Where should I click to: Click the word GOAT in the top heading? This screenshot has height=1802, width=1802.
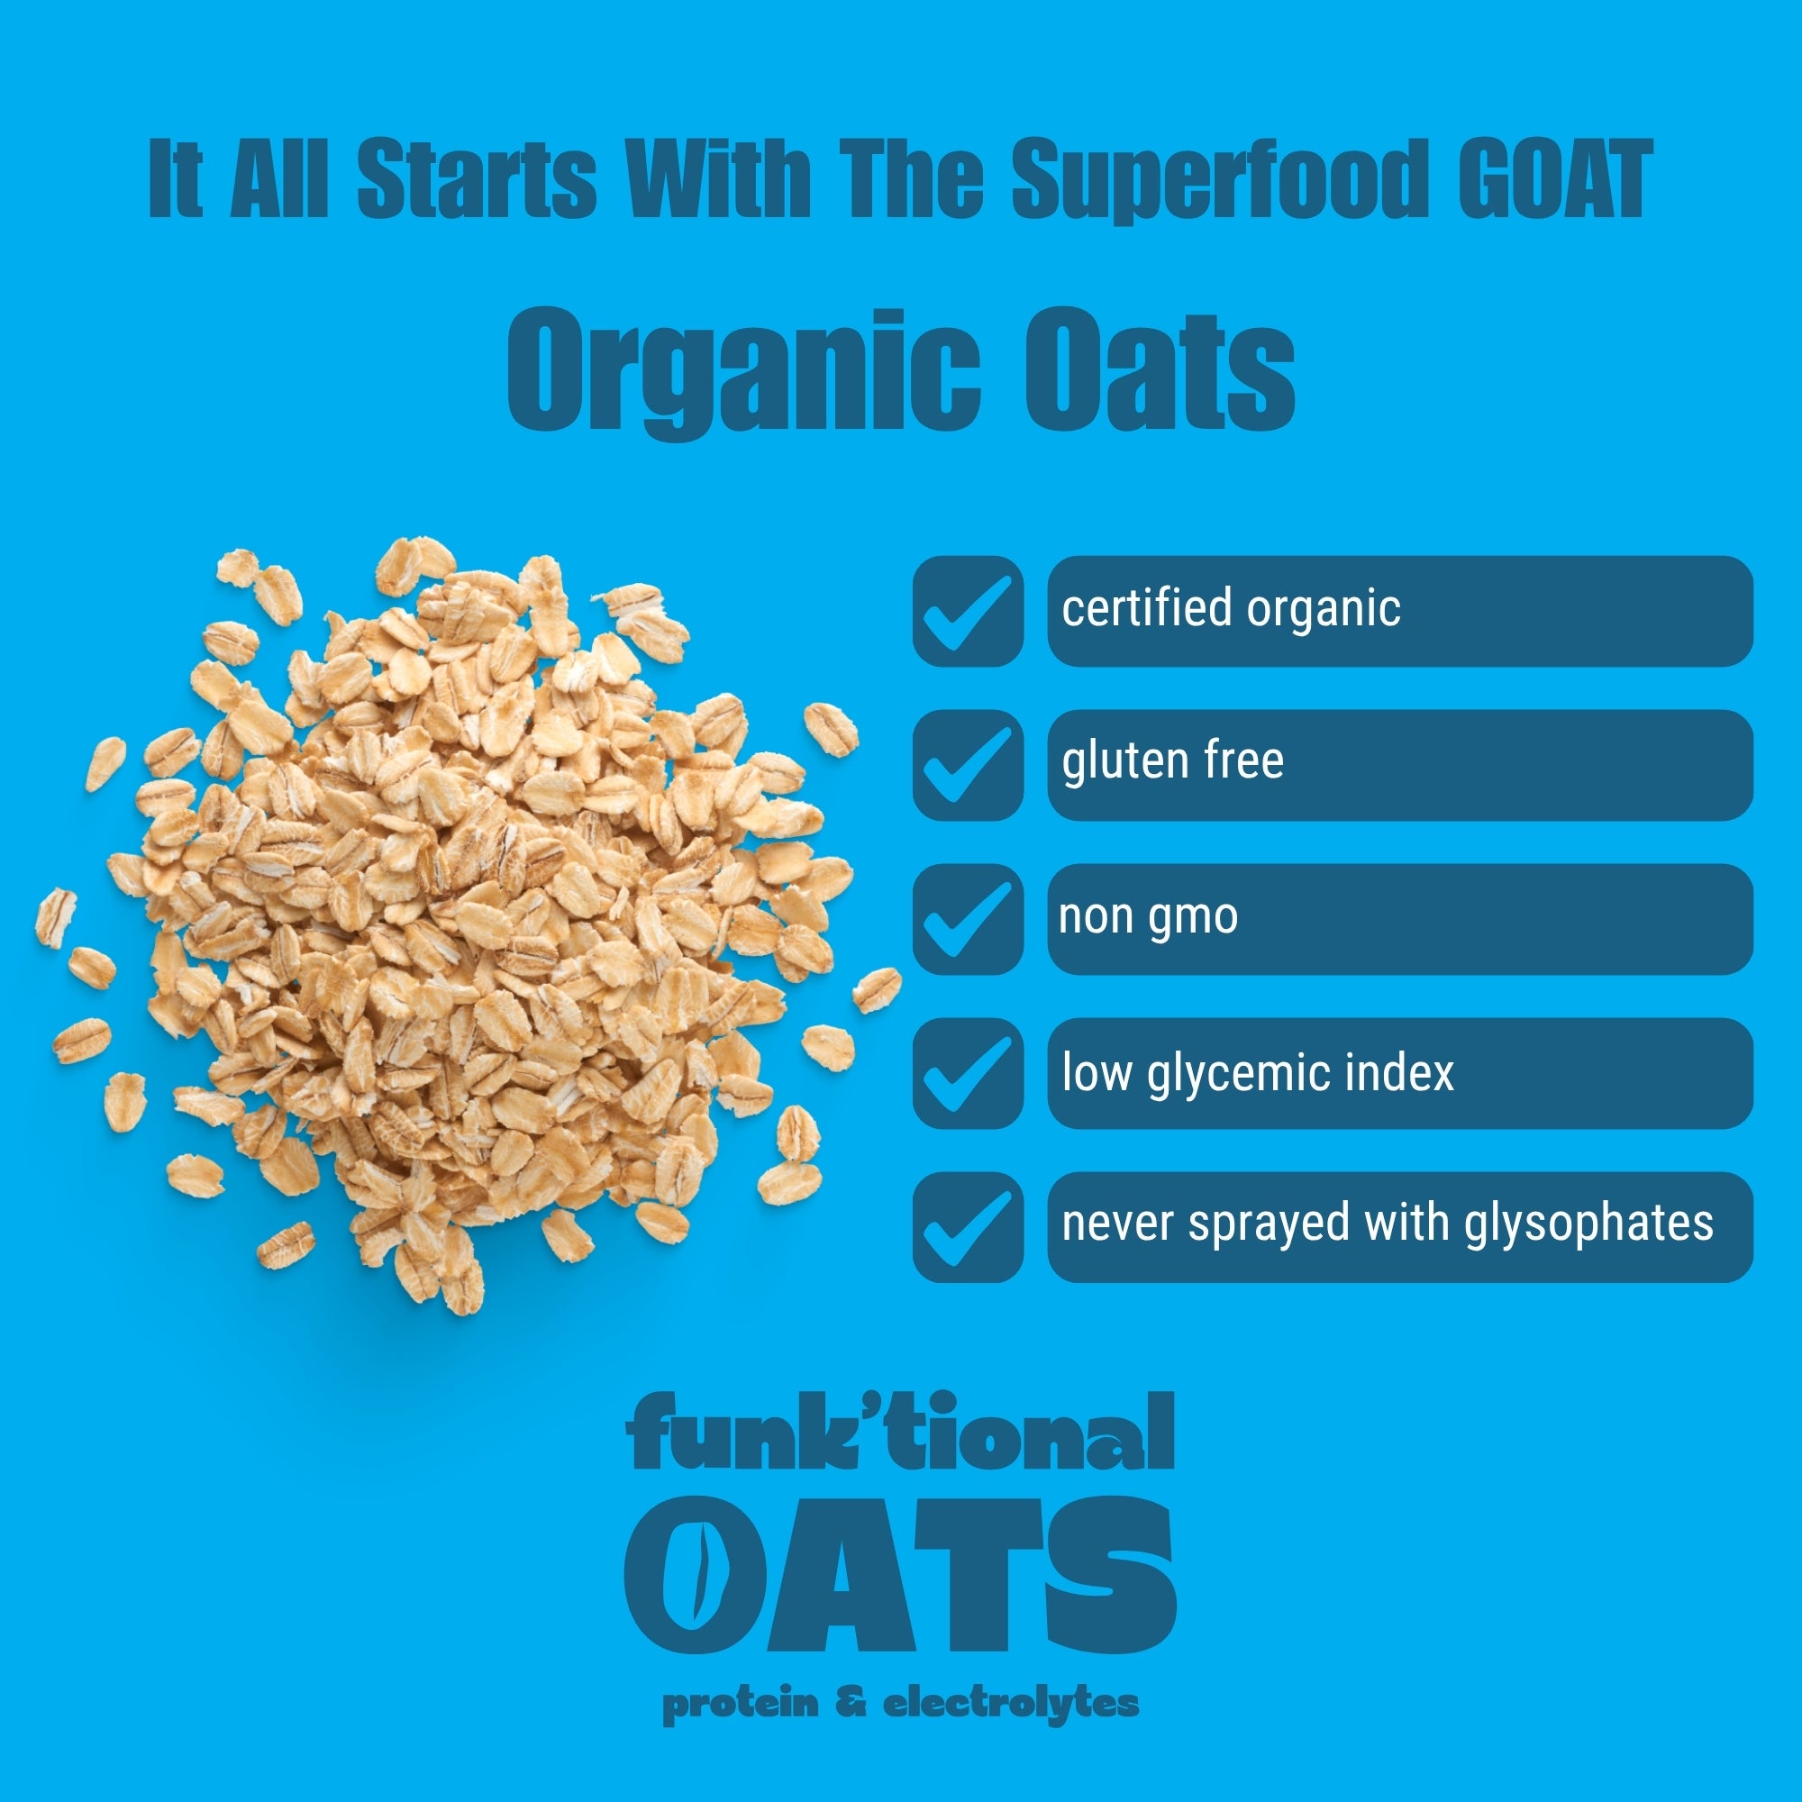[x=1555, y=179]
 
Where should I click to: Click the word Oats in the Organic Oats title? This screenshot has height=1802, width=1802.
[x=1160, y=370]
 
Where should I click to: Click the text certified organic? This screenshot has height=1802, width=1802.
[x=1231, y=610]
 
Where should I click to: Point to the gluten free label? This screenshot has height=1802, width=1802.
[x=1172, y=761]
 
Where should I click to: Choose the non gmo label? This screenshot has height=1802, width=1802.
[x=1148, y=918]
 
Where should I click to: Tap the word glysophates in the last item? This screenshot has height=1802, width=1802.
[x=1588, y=1225]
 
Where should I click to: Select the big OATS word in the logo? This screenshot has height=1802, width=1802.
[x=900, y=1575]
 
